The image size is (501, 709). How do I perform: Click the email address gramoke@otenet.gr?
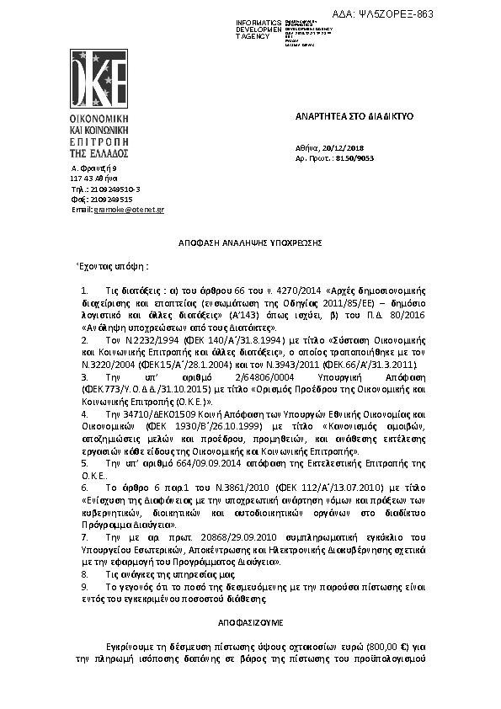(129, 209)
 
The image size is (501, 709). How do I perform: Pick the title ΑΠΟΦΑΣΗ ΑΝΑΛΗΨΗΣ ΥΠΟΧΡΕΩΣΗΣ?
(250, 242)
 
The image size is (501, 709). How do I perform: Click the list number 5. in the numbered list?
(84, 464)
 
